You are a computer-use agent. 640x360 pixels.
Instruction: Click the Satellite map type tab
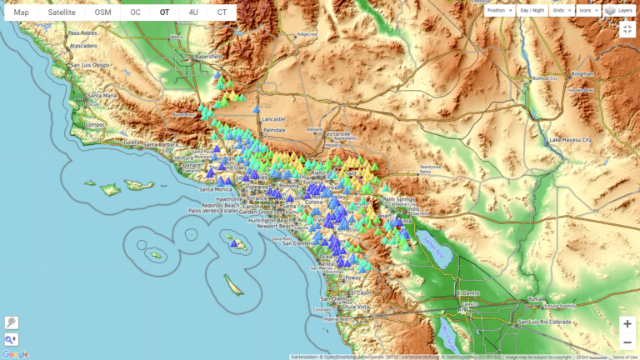62,12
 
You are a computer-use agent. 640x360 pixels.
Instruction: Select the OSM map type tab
102,12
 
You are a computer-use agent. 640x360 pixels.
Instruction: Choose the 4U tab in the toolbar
193,12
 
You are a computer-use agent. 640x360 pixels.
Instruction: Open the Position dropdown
498,11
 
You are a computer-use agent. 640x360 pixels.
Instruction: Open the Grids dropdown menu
561,11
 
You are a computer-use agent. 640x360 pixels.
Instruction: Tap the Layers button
619,11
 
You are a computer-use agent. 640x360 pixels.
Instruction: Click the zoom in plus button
627,324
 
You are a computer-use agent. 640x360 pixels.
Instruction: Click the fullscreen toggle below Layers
627,30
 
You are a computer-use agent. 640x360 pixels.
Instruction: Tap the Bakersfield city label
207,57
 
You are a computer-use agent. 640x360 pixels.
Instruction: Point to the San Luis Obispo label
90,65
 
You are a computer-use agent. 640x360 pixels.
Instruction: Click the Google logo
15,354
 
